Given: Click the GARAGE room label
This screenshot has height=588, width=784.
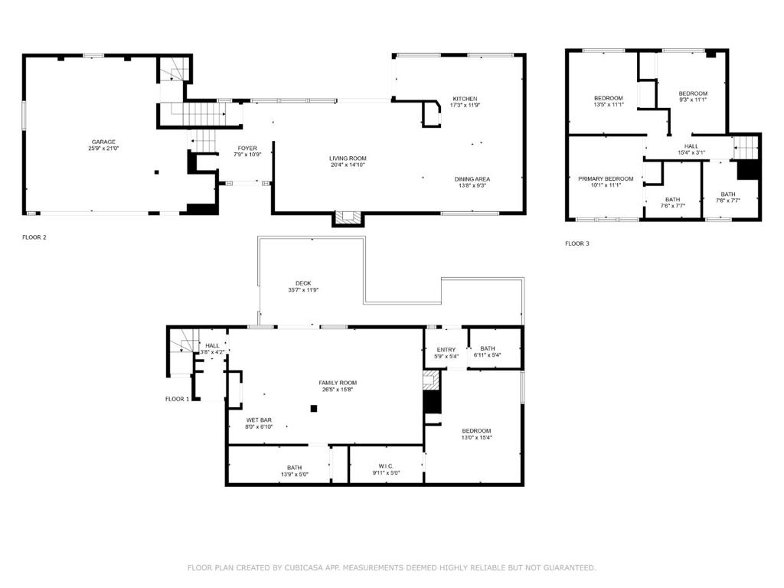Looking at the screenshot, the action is (x=103, y=142).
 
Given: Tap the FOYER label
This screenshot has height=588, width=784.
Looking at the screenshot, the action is (x=247, y=149).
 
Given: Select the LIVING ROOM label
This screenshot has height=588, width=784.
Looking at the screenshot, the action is (x=348, y=158).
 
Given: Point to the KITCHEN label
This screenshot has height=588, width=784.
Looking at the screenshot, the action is (x=465, y=99).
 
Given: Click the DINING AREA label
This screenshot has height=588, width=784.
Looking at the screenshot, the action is (x=472, y=179).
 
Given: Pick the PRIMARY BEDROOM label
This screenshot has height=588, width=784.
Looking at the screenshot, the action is (x=606, y=179).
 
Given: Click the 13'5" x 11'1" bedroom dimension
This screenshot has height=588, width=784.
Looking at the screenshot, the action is (x=609, y=105).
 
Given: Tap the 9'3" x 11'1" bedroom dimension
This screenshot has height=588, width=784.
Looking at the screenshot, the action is (x=693, y=100).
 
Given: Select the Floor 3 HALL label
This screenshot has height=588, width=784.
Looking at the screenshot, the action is (x=691, y=146).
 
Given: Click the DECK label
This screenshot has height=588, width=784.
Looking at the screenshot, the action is (x=303, y=283).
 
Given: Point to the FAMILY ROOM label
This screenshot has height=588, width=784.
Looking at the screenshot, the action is (x=338, y=383).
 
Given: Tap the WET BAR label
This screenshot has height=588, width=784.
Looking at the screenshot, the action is (x=259, y=420).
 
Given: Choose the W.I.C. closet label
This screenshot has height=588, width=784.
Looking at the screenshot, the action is (x=386, y=466).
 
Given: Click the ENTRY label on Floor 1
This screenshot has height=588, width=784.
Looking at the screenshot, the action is (x=446, y=350).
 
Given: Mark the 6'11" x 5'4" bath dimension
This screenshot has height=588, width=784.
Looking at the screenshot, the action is (x=488, y=355).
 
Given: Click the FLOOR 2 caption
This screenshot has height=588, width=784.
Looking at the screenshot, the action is (x=34, y=237).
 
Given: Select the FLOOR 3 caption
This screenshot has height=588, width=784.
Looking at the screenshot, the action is (x=577, y=243).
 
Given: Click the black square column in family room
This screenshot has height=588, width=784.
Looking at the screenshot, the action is (x=313, y=409).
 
